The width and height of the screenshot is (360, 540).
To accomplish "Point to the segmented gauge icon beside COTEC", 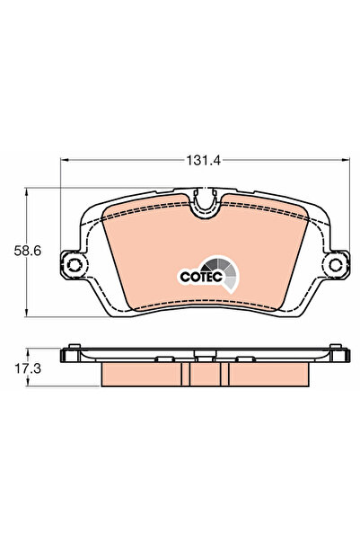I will point(225,272).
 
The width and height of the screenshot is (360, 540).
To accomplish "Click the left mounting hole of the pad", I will point(73,265).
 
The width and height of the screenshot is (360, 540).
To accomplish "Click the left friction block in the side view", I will point(140,372).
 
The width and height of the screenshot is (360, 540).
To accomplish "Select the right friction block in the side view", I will point(269,372).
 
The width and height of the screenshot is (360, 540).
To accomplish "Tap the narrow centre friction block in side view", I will point(206,372).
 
